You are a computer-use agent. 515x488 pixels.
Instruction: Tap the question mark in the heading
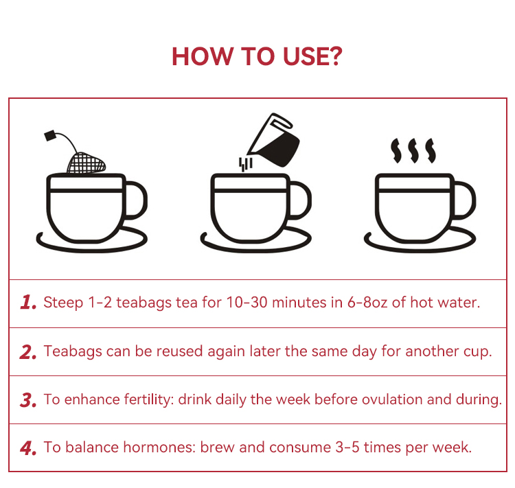(336, 56)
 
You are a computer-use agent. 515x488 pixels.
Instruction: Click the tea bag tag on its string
(50, 135)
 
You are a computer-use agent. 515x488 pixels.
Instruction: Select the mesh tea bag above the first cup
(87, 162)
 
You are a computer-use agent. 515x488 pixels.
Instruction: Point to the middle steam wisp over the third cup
(413, 151)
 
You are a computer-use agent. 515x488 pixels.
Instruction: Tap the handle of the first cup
(136, 200)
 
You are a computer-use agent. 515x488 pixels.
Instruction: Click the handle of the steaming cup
(464, 200)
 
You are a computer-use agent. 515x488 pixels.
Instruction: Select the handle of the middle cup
(300, 200)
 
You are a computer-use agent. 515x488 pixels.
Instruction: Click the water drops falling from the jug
(245, 164)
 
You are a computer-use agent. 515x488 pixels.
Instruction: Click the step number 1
(28, 303)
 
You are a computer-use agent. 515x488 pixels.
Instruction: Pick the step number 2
(28, 351)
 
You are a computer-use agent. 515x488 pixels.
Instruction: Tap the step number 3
(28, 399)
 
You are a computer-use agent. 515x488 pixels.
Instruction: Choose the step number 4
(28, 448)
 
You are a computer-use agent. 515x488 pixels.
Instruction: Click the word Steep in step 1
(63, 303)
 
